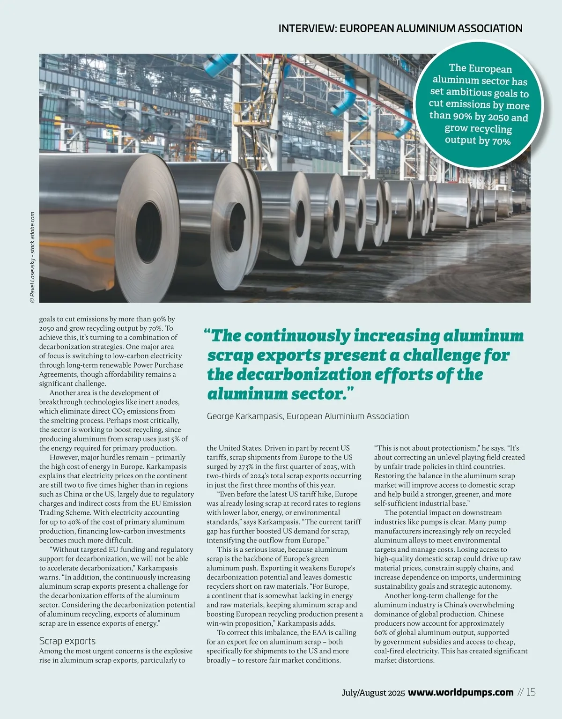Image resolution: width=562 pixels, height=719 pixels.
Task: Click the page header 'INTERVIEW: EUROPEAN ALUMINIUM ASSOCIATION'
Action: [x=400, y=28]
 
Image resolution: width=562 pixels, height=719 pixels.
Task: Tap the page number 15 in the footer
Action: [x=531, y=692]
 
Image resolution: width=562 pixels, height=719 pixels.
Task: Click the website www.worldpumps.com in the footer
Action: [x=461, y=692]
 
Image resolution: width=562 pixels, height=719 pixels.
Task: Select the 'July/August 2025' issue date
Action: [x=373, y=693]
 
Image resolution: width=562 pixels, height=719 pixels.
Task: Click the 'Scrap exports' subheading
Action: [x=67, y=641]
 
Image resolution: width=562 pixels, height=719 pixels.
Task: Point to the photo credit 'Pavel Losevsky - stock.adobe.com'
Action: [x=32, y=258]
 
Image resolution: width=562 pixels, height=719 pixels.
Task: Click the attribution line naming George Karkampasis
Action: [x=308, y=416]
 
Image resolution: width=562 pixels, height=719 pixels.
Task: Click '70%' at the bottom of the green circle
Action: [x=501, y=141]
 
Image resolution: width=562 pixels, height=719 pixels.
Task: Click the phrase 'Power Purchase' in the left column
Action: [x=158, y=365]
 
